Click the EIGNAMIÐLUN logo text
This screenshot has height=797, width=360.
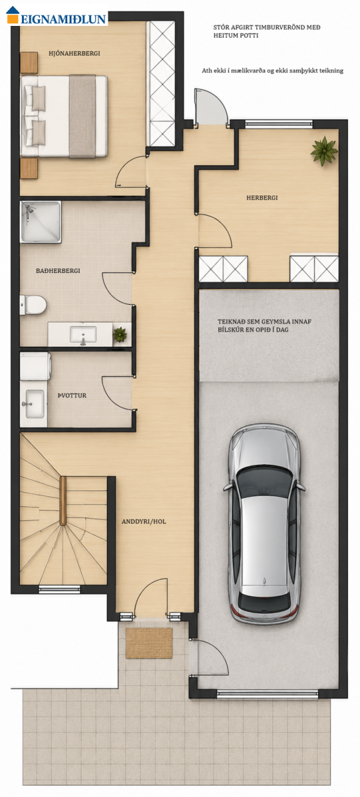click(x=63, y=19)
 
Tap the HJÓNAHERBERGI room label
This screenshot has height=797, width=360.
click(x=74, y=53)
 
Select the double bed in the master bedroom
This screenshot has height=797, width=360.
click(x=64, y=116)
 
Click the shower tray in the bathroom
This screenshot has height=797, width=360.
click(x=41, y=222)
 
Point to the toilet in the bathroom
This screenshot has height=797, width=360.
click(x=33, y=305)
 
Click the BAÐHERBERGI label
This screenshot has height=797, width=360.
click(x=58, y=271)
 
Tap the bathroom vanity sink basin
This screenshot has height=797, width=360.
click(x=83, y=335)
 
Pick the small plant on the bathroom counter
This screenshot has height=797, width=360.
click(x=120, y=335)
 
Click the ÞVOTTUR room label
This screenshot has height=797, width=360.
click(x=72, y=395)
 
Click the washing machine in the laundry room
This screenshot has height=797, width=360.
click(x=35, y=366)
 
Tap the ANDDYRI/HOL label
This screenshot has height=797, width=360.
click(x=143, y=521)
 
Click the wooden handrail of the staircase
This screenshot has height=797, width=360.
click(x=63, y=501)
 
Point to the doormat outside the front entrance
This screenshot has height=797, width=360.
click(x=149, y=643)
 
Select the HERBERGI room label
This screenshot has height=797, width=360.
click(x=262, y=197)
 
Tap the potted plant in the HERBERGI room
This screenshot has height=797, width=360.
click(x=323, y=151)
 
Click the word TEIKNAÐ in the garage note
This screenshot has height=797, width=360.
click(x=231, y=321)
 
